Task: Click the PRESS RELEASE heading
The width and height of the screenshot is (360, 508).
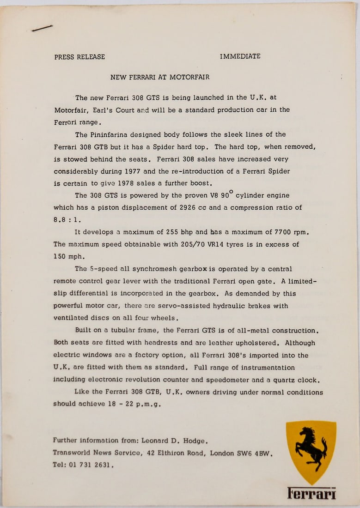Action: pyautogui.click(x=79, y=57)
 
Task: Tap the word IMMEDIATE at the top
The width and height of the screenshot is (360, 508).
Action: pyautogui.click(x=240, y=56)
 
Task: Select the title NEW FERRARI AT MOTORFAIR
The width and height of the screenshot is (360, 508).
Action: pyautogui.click(x=160, y=77)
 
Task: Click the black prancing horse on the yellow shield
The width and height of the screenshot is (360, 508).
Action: pyautogui.click(x=311, y=447)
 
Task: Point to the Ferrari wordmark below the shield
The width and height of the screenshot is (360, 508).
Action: pyautogui.click(x=311, y=493)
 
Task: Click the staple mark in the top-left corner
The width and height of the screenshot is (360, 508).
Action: pyautogui.click(x=42, y=29)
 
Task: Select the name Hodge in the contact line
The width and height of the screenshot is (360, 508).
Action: pyautogui.click(x=191, y=441)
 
